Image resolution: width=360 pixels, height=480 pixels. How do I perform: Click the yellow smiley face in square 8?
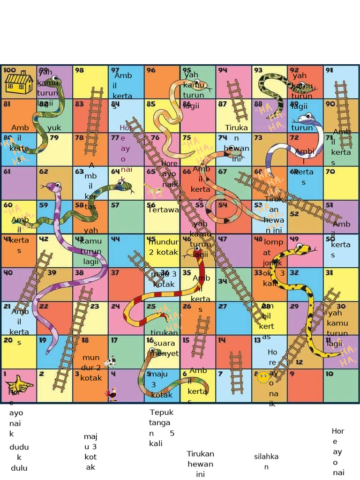(263, 377)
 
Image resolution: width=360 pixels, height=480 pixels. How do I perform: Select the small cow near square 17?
(110, 361)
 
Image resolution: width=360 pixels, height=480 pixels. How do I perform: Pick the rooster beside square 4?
(112, 394)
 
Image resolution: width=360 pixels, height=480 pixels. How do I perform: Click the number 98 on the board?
(80, 70)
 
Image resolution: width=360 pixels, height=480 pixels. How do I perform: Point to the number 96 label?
(151, 70)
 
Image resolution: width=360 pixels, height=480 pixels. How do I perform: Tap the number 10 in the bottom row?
(330, 374)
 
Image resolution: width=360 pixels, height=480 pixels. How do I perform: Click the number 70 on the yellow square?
(330, 171)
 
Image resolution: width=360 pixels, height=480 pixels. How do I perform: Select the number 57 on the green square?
(115, 205)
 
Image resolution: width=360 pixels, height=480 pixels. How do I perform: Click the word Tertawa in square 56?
(163, 210)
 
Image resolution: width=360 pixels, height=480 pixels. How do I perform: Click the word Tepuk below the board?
(162, 412)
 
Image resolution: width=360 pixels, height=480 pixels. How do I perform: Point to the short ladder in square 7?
(236, 372)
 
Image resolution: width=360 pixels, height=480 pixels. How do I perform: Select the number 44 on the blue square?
(115, 239)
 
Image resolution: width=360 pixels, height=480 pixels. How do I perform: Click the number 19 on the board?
(43, 340)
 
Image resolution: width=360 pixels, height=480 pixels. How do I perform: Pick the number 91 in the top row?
(330, 70)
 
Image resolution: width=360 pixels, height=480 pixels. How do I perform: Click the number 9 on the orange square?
(292, 374)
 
